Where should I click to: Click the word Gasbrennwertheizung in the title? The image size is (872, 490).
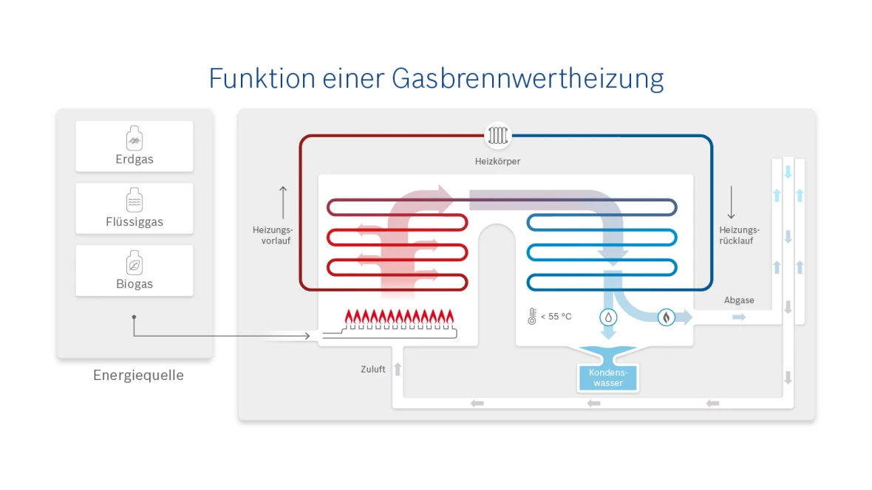click(527, 79)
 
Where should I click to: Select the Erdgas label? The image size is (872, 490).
click(134, 159)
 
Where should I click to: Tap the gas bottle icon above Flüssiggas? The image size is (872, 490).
click(134, 200)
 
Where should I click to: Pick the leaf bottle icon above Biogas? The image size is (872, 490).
click(134, 263)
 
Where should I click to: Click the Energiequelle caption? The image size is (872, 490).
click(138, 376)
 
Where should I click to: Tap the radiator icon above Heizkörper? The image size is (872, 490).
click(497, 136)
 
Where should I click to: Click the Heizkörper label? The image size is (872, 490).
click(497, 161)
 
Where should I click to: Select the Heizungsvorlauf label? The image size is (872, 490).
click(273, 235)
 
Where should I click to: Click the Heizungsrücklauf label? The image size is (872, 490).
click(739, 235)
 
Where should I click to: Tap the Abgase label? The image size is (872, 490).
click(739, 300)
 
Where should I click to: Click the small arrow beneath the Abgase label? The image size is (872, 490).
click(739, 317)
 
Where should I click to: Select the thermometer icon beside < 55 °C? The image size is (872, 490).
click(531, 317)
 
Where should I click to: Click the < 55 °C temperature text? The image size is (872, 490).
click(556, 317)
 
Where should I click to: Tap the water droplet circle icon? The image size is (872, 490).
click(607, 317)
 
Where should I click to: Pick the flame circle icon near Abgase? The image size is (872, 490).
click(666, 317)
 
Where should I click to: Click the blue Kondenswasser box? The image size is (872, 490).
click(607, 378)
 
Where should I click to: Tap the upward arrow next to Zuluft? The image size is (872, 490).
click(398, 369)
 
